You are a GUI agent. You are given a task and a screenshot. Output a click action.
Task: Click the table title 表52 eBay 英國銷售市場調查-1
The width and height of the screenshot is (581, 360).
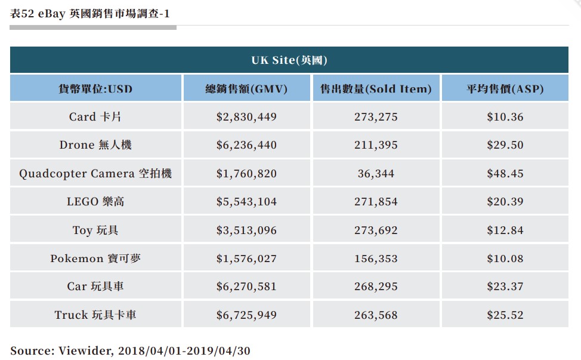click(x=94, y=13)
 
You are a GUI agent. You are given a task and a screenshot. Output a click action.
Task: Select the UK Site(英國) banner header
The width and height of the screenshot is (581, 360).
click(x=289, y=60)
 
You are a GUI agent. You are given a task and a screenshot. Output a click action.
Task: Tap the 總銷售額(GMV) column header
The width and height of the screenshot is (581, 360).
click(x=246, y=90)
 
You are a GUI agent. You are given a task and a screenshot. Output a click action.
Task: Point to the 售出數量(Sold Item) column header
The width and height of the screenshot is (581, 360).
click(x=376, y=90)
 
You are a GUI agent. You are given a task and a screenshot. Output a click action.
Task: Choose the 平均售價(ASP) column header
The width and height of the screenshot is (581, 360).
click(x=505, y=90)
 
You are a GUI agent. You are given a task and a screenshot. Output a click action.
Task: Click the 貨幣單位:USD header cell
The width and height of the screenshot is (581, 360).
click(x=95, y=90)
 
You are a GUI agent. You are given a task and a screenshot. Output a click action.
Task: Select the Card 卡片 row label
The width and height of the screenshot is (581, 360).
click(x=95, y=117)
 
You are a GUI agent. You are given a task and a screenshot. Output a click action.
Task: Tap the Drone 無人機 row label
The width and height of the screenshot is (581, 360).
click(x=95, y=145)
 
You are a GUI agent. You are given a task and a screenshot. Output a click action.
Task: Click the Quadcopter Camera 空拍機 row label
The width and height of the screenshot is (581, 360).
click(x=95, y=174)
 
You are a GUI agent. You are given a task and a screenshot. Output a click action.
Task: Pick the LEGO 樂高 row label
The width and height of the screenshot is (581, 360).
click(x=95, y=202)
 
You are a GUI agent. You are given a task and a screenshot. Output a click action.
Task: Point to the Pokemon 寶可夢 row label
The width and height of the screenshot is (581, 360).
click(x=95, y=259)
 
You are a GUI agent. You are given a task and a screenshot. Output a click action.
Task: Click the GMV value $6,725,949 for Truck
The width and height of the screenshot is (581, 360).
click(x=246, y=315)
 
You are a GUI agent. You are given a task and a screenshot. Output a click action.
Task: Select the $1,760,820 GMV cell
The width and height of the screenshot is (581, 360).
click(x=246, y=174)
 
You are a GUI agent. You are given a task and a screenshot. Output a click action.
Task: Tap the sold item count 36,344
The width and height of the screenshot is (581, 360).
click(x=376, y=174)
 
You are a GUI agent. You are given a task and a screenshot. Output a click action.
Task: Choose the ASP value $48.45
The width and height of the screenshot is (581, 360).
click(x=505, y=174)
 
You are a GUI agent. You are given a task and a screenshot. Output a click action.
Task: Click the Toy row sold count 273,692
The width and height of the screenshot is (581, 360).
click(x=376, y=230)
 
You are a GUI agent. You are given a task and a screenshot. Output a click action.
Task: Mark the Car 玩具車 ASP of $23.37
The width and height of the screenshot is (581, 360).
click(x=505, y=287)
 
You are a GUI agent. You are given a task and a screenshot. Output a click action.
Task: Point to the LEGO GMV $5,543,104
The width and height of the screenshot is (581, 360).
click(x=246, y=202)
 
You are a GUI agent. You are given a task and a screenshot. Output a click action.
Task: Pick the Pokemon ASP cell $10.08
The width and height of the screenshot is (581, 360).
click(x=505, y=259)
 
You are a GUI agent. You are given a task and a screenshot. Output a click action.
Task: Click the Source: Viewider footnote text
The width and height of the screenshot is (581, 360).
click(x=131, y=350)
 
